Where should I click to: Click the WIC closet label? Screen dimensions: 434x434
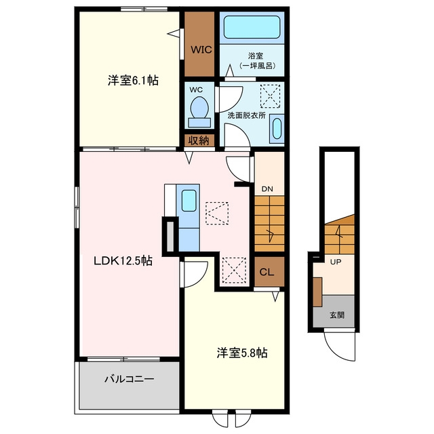pyautogui.click(x=201, y=50)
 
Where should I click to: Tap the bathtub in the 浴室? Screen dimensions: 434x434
pyautogui.click(x=252, y=27)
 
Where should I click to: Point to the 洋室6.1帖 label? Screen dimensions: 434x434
pyautogui.click(x=133, y=81)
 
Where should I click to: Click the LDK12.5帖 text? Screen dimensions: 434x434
pyautogui.click(x=123, y=260)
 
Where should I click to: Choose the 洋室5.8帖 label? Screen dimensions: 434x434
pyautogui.click(x=242, y=353)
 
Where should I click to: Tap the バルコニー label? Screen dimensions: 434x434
pyautogui.click(x=129, y=379)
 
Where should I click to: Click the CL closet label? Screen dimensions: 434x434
pyautogui.click(x=267, y=272)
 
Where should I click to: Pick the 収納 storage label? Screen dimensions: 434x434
pyautogui.click(x=199, y=141)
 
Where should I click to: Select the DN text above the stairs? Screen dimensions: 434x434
pyautogui.click(x=267, y=189)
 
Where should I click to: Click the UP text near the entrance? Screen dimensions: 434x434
pyautogui.click(x=336, y=262)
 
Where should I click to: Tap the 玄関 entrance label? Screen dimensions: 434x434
pyautogui.click(x=337, y=315)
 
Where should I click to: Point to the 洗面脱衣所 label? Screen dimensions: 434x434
pyautogui.click(x=247, y=115)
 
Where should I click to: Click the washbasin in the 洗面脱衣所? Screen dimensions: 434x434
pyautogui.click(x=277, y=129)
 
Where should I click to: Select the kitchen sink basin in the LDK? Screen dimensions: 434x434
pyautogui.click(x=189, y=201)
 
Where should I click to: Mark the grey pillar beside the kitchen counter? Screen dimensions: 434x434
pyautogui.click(x=170, y=237)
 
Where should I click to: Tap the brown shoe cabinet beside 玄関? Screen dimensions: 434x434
pyautogui.click(x=317, y=292)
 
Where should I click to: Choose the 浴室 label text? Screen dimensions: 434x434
pyautogui.click(x=255, y=56)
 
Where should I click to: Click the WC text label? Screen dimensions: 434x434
pyautogui.click(x=196, y=90)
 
